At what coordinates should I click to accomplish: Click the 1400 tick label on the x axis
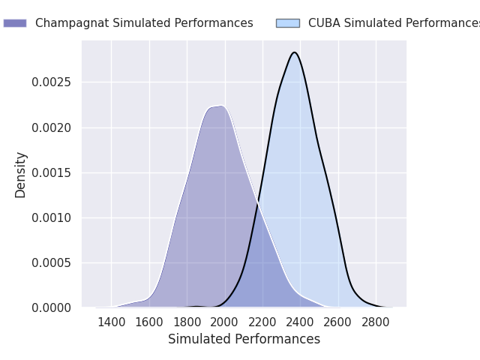(x=111, y=322)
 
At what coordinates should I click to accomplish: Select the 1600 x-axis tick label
(x=149, y=322)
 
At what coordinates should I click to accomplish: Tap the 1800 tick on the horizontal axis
(x=187, y=322)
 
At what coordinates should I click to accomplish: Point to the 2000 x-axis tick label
(x=225, y=322)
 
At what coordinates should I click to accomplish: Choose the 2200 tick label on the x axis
(x=262, y=322)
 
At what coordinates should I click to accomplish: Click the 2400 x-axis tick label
(x=300, y=322)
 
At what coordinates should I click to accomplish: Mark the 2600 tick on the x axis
(x=338, y=322)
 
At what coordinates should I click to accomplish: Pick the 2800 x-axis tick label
(x=376, y=322)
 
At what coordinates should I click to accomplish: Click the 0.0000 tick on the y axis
(x=51, y=307)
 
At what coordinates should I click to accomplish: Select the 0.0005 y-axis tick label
(x=51, y=262)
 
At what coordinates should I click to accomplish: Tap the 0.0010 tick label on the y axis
(x=51, y=217)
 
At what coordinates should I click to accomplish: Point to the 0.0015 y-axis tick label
(x=51, y=172)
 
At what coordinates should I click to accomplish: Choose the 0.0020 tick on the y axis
(x=51, y=127)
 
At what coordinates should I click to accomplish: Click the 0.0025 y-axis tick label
(x=51, y=82)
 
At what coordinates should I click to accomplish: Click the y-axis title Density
(x=21, y=174)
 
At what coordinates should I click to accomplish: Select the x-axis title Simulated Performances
(x=244, y=339)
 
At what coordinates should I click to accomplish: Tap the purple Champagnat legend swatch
(x=15, y=23)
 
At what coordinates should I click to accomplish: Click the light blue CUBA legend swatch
(x=287, y=23)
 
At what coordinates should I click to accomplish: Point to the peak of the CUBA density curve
(x=295, y=52)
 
